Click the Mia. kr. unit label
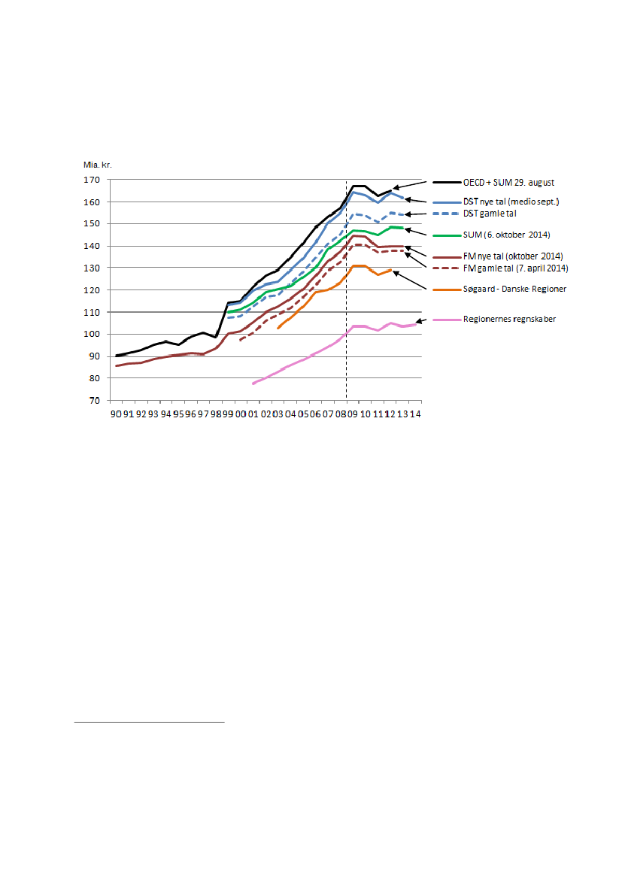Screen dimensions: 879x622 [x=97, y=164]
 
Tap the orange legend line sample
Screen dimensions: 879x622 [x=450, y=289]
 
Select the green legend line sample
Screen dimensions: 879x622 [x=450, y=235]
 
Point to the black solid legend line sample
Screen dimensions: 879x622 [x=450, y=183]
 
